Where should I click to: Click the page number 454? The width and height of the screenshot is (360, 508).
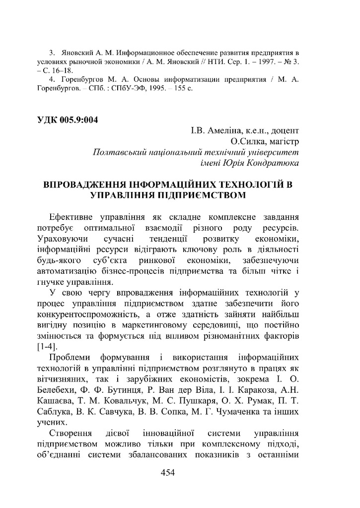(x=168, y=473)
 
